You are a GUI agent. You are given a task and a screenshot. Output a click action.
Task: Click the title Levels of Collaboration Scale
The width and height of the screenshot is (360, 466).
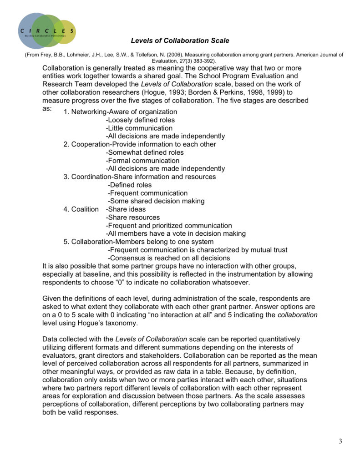[180, 41]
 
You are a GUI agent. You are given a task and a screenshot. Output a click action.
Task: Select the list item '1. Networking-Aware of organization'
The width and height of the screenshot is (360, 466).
[120, 111]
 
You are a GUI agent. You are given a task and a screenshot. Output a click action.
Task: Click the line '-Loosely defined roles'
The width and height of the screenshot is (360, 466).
[140, 120]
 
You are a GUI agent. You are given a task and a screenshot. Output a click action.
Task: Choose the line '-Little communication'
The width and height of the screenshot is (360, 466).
[139, 128]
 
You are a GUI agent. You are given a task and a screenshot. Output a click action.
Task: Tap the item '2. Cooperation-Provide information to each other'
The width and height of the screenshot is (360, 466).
[139, 144]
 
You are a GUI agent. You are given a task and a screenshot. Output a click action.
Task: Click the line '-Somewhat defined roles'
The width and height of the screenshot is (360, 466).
[145, 152]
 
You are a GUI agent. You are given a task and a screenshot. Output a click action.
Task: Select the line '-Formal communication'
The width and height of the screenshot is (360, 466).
[142, 161]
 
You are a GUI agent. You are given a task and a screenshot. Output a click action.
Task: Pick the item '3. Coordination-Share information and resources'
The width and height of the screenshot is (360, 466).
[139, 177]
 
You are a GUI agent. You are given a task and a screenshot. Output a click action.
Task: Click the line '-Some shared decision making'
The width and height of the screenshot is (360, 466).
[156, 201]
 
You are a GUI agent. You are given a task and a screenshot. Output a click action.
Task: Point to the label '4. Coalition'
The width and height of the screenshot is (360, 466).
[81, 209]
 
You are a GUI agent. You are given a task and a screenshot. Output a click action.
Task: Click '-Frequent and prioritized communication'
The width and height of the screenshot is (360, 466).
[169, 225]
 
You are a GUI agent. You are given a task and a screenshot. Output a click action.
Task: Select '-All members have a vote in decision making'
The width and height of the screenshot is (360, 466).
[176, 233]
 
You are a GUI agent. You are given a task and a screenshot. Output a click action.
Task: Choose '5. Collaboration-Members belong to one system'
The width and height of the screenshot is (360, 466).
[138, 242]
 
